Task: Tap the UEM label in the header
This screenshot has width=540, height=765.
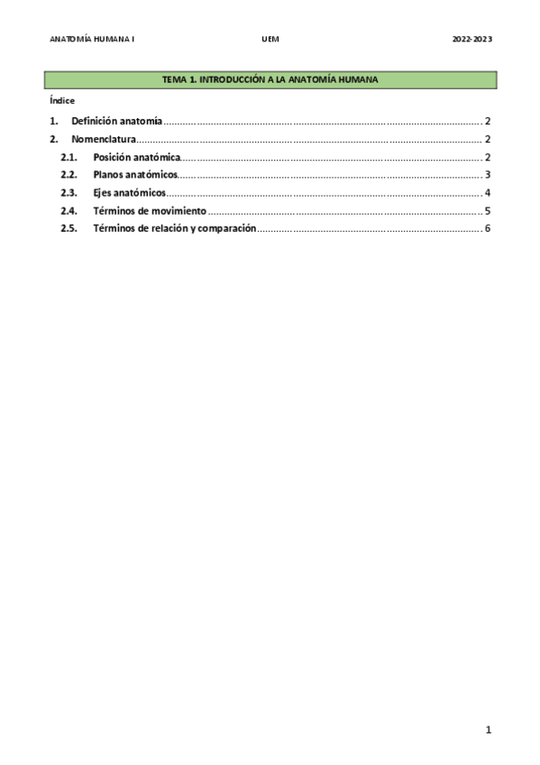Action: point(270,40)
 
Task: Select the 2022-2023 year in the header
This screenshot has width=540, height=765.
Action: point(471,40)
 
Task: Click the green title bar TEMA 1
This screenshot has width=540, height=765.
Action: point(270,80)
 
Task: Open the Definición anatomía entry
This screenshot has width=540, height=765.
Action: point(116,121)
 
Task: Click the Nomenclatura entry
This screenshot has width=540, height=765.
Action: point(103,139)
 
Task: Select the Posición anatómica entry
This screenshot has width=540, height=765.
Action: point(136,158)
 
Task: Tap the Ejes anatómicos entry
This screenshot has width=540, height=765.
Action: point(129,193)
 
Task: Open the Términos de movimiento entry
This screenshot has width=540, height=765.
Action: point(150,211)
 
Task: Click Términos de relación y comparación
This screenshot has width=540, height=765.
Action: point(175,228)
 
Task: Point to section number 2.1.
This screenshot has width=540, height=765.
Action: point(69,158)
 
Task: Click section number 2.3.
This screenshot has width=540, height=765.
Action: point(69,193)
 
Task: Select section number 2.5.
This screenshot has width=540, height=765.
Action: point(69,228)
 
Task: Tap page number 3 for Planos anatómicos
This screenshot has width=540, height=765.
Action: point(487,175)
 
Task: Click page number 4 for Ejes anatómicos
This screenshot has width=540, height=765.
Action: point(487,193)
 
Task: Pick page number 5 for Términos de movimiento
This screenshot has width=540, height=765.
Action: point(487,211)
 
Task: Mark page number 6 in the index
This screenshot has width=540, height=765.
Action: point(487,228)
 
